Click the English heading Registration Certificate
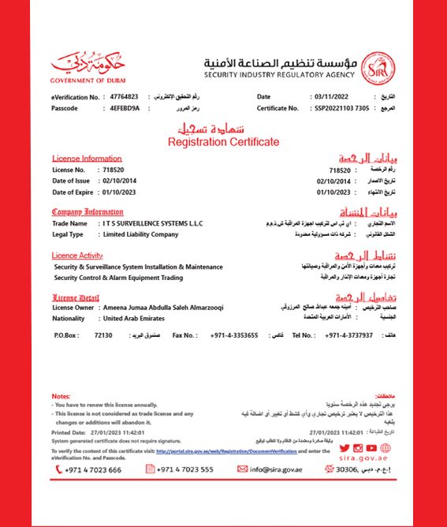point(223,142)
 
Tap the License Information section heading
point(87,158)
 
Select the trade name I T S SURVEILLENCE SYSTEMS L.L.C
point(151,224)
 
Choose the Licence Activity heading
point(77,256)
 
